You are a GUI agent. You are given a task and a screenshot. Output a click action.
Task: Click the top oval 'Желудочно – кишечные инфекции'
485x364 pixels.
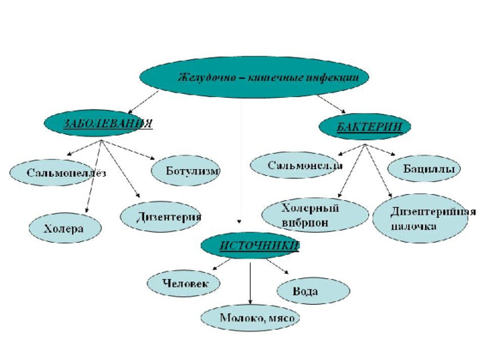[x=255, y=77]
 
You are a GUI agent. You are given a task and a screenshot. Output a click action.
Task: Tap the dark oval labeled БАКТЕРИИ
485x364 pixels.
[x=365, y=127]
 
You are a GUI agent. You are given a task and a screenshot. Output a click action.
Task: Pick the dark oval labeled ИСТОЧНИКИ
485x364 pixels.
[x=249, y=245]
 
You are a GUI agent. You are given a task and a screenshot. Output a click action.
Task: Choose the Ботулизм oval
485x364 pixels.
[x=185, y=171]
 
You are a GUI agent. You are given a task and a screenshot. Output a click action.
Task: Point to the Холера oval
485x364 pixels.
[x=65, y=228]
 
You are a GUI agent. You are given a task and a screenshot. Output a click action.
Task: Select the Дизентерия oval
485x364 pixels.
[x=160, y=217]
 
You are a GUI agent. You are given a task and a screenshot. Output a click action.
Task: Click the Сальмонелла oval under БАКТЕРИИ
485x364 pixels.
[x=294, y=165]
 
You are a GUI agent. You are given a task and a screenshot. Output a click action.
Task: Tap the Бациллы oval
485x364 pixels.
[x=424, y=168]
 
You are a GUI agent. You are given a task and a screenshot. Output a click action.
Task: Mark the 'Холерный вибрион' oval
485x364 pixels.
[x=315, y=215]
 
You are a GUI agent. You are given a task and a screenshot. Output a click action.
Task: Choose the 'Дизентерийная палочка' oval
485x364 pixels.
[x=421, y=218]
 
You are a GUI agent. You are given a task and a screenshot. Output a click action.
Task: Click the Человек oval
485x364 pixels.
[x=183, y=283]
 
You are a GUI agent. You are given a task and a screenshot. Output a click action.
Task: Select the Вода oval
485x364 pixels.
[x=313, y=290]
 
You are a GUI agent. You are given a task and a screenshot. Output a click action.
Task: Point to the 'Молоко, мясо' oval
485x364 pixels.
[x=250, y=318]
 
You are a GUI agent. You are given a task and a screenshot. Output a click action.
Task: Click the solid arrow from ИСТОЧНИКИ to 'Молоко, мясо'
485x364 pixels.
[x=250, y=284]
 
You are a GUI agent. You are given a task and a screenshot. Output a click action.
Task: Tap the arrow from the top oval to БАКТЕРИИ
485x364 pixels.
[x=331, y=105]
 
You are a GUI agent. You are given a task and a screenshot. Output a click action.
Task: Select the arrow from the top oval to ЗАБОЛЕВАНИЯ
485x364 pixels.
[x=143, y=102]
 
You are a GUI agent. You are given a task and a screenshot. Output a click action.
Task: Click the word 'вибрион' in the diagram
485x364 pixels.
[x=305, y=222]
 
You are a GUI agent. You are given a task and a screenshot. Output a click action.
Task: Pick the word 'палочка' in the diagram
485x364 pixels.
[x=414, y=226]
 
